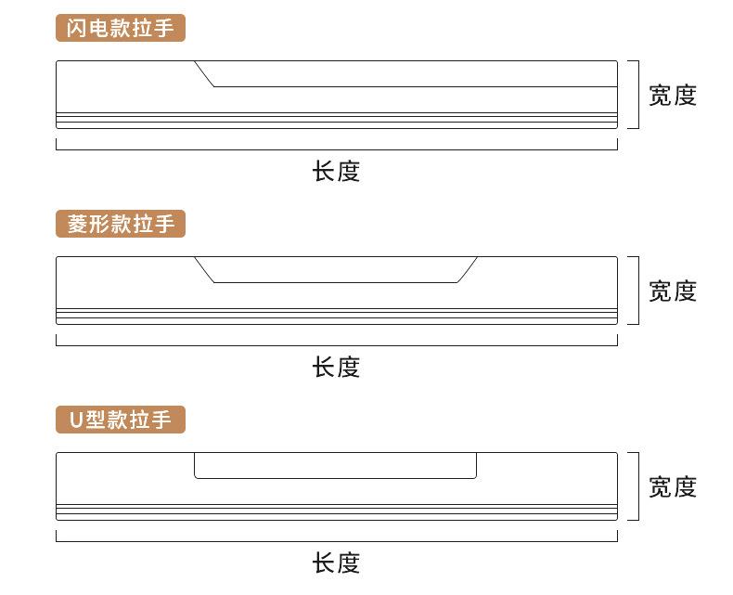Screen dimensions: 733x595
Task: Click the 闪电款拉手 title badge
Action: click(121, 28)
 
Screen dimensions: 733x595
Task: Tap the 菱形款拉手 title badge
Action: click(121, 224)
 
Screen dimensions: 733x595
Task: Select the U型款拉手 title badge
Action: click(121, 420)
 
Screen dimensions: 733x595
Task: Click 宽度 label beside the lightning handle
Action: click(673, 96)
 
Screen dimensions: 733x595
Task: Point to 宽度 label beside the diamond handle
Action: click(673, 291)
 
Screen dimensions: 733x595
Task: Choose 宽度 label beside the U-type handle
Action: click(673, 487)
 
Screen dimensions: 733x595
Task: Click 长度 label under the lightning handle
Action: click(336, 171)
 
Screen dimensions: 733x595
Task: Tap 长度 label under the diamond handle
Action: click(336, 367)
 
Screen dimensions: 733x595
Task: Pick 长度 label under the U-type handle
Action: click(336, 563)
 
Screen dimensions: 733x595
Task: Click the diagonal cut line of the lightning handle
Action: click(204, 74)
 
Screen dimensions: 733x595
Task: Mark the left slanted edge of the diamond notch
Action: click(204, 269)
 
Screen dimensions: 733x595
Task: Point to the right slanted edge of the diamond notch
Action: click(467, 269)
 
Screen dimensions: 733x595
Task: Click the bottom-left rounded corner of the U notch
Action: click(196, 477)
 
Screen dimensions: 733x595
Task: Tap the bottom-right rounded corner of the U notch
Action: click(475, 477)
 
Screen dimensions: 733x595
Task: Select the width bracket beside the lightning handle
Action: click(638, 94)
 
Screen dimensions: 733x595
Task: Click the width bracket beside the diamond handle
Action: click(638, 290)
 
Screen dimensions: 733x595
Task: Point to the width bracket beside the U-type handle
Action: click(638, 486)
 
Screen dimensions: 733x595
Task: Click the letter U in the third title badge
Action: click(76, 420)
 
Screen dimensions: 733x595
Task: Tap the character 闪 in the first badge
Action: click(76, 28)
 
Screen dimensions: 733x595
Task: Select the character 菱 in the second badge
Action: click(77, 224)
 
